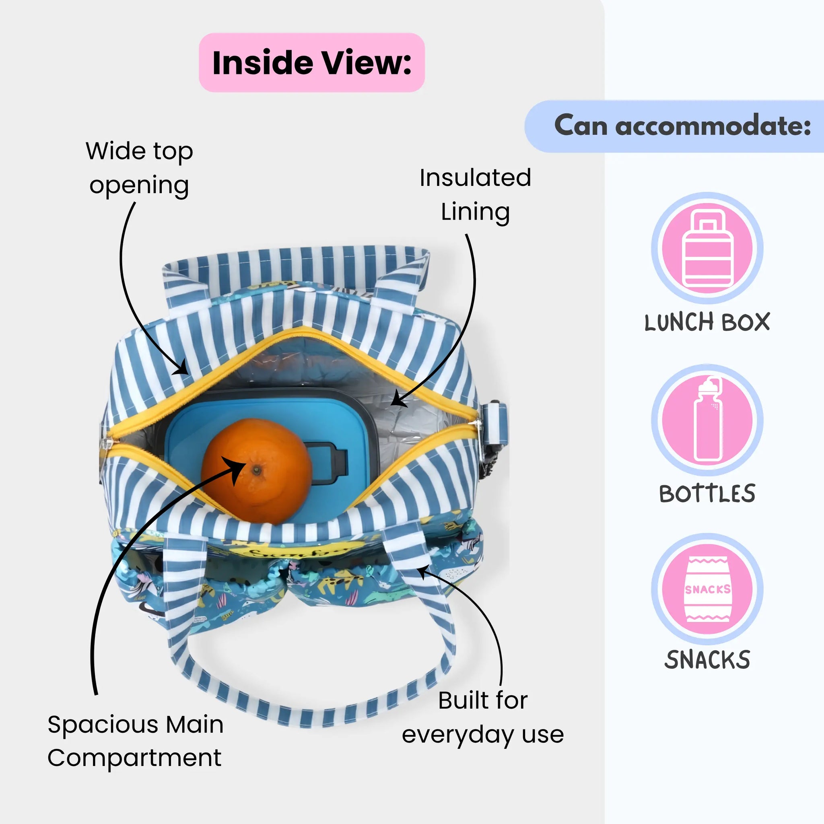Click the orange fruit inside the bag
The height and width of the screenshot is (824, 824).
coord(256,470)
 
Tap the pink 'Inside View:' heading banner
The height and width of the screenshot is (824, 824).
coord(312,62)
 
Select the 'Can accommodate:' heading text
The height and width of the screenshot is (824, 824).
coord(682,126)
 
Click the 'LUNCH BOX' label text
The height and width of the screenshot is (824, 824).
coord(707,322)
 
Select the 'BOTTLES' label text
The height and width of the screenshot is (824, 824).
coord(707,493)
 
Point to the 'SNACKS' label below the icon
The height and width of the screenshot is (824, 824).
coord(707,660)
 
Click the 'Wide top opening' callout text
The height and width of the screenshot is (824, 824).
coord(140,169)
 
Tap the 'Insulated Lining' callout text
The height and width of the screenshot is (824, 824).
coord(475,195)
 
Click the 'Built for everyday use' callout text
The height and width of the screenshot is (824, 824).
coord(483,717)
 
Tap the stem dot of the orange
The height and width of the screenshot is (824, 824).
coord(256,470)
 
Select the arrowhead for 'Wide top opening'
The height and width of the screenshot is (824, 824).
coord(181,368)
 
